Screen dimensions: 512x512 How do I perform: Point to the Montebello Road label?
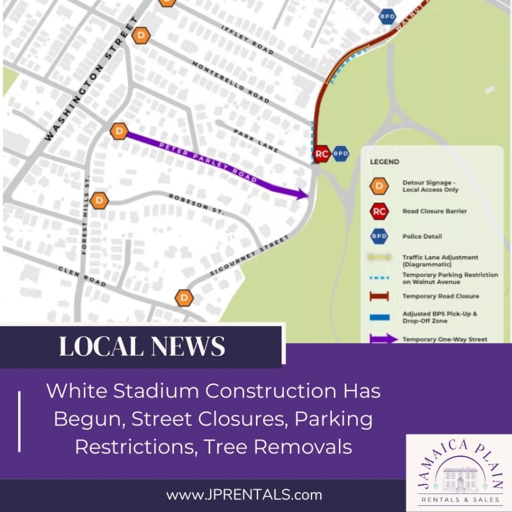pyautogui.click(x=230, y=83)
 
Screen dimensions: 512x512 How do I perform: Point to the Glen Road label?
pyautogui.click(x=82, y=276)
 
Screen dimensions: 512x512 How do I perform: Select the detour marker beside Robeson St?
pyautogui.click(x=99, y=200)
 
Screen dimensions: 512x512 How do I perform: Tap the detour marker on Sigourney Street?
pyautogui.click(x=184, y=298)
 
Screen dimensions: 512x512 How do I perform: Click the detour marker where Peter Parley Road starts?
pyautogui.click(x=119, y=132)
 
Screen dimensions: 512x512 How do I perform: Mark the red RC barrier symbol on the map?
pyautogui.click(x=321, y=154)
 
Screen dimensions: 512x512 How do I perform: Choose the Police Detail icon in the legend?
pyautogui.click(x=379, y=236)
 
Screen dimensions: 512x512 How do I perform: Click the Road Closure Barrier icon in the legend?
pyautogui.click(x=379, y=211)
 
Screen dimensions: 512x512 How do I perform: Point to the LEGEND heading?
pyautogui.click(x=384, y=162)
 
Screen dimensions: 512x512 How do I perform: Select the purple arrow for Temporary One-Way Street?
pyautogui.click(x=383, y=339)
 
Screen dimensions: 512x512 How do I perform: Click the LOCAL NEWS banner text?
pyautogui.click(x=142, y=346)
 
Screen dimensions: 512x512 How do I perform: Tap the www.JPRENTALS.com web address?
pyautogui.click(x=244, y=495)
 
